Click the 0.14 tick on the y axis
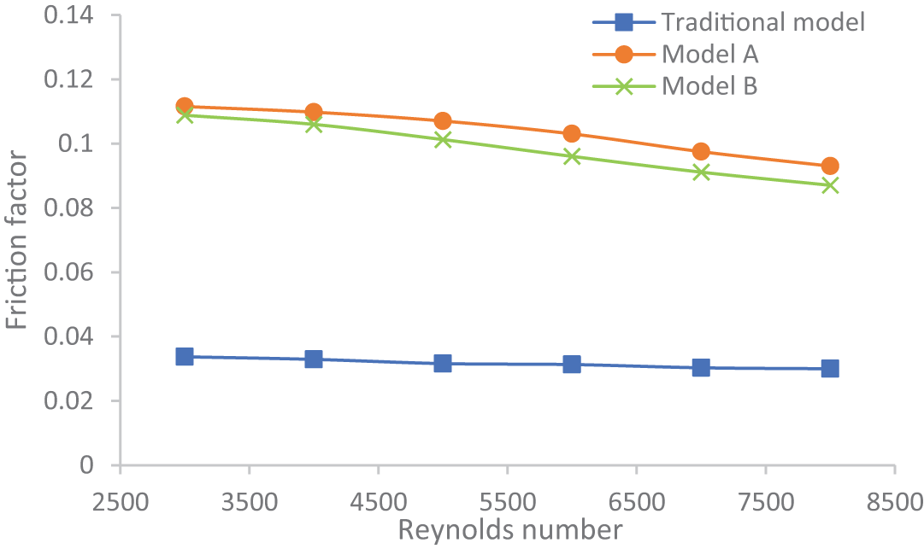[71, 15]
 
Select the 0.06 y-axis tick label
[71, 272]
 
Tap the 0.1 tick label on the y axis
[79, 143]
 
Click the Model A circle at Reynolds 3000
[185, 107]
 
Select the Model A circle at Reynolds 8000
[830, 166]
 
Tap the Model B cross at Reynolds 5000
[443, 139]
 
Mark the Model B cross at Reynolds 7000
[701, 172]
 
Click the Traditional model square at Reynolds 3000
[185, 356]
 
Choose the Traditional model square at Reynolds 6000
[572, 365]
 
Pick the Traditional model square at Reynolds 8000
[830, 368]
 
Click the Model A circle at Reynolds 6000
[572, 133]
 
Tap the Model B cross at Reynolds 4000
[314, 124]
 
